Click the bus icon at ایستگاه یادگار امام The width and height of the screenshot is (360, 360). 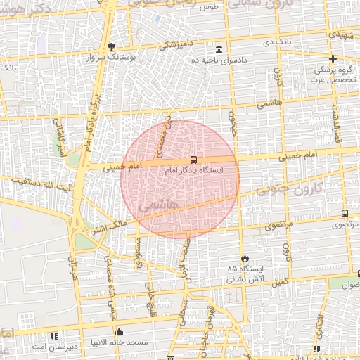(x=193, y=160)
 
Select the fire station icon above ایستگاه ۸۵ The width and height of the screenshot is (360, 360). (x=245, y=258)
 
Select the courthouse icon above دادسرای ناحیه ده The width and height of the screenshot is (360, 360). (x=220, y=49)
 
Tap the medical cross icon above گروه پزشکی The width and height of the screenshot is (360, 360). (x=333, y=58)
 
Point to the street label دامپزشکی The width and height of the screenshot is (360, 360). (x=167, y=45)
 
